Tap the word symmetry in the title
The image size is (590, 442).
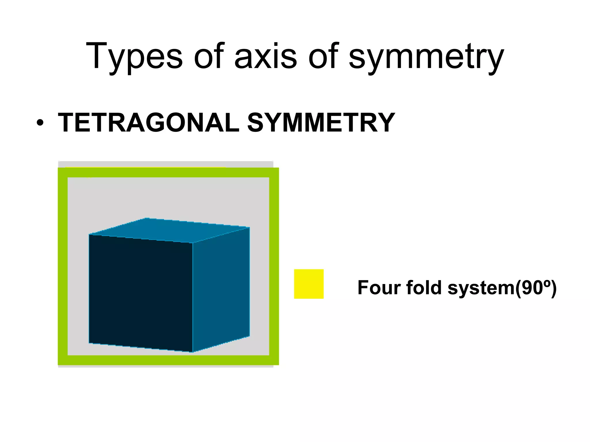tap(426, 56)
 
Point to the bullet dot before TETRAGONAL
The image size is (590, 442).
tap(40, 123)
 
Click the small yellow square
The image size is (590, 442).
tap(309, 284)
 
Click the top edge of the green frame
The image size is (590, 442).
tap(168, 173)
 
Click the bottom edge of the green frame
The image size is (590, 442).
tap(168, 360)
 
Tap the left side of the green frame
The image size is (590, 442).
tap(63, 266)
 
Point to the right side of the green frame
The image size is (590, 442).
tap(274, 266)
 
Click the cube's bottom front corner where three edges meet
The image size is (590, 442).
tap(193, 352)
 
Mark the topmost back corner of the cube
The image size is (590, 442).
tap(146, 218)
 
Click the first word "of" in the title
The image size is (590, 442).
tap(209, 56)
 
